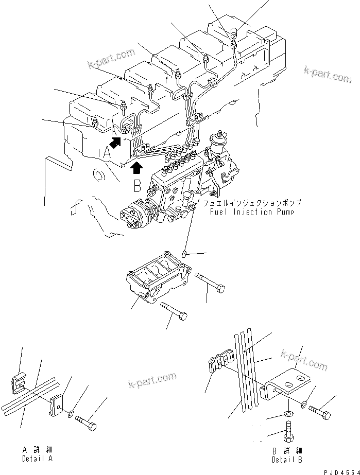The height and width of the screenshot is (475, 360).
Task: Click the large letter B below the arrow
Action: [137, 185]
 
